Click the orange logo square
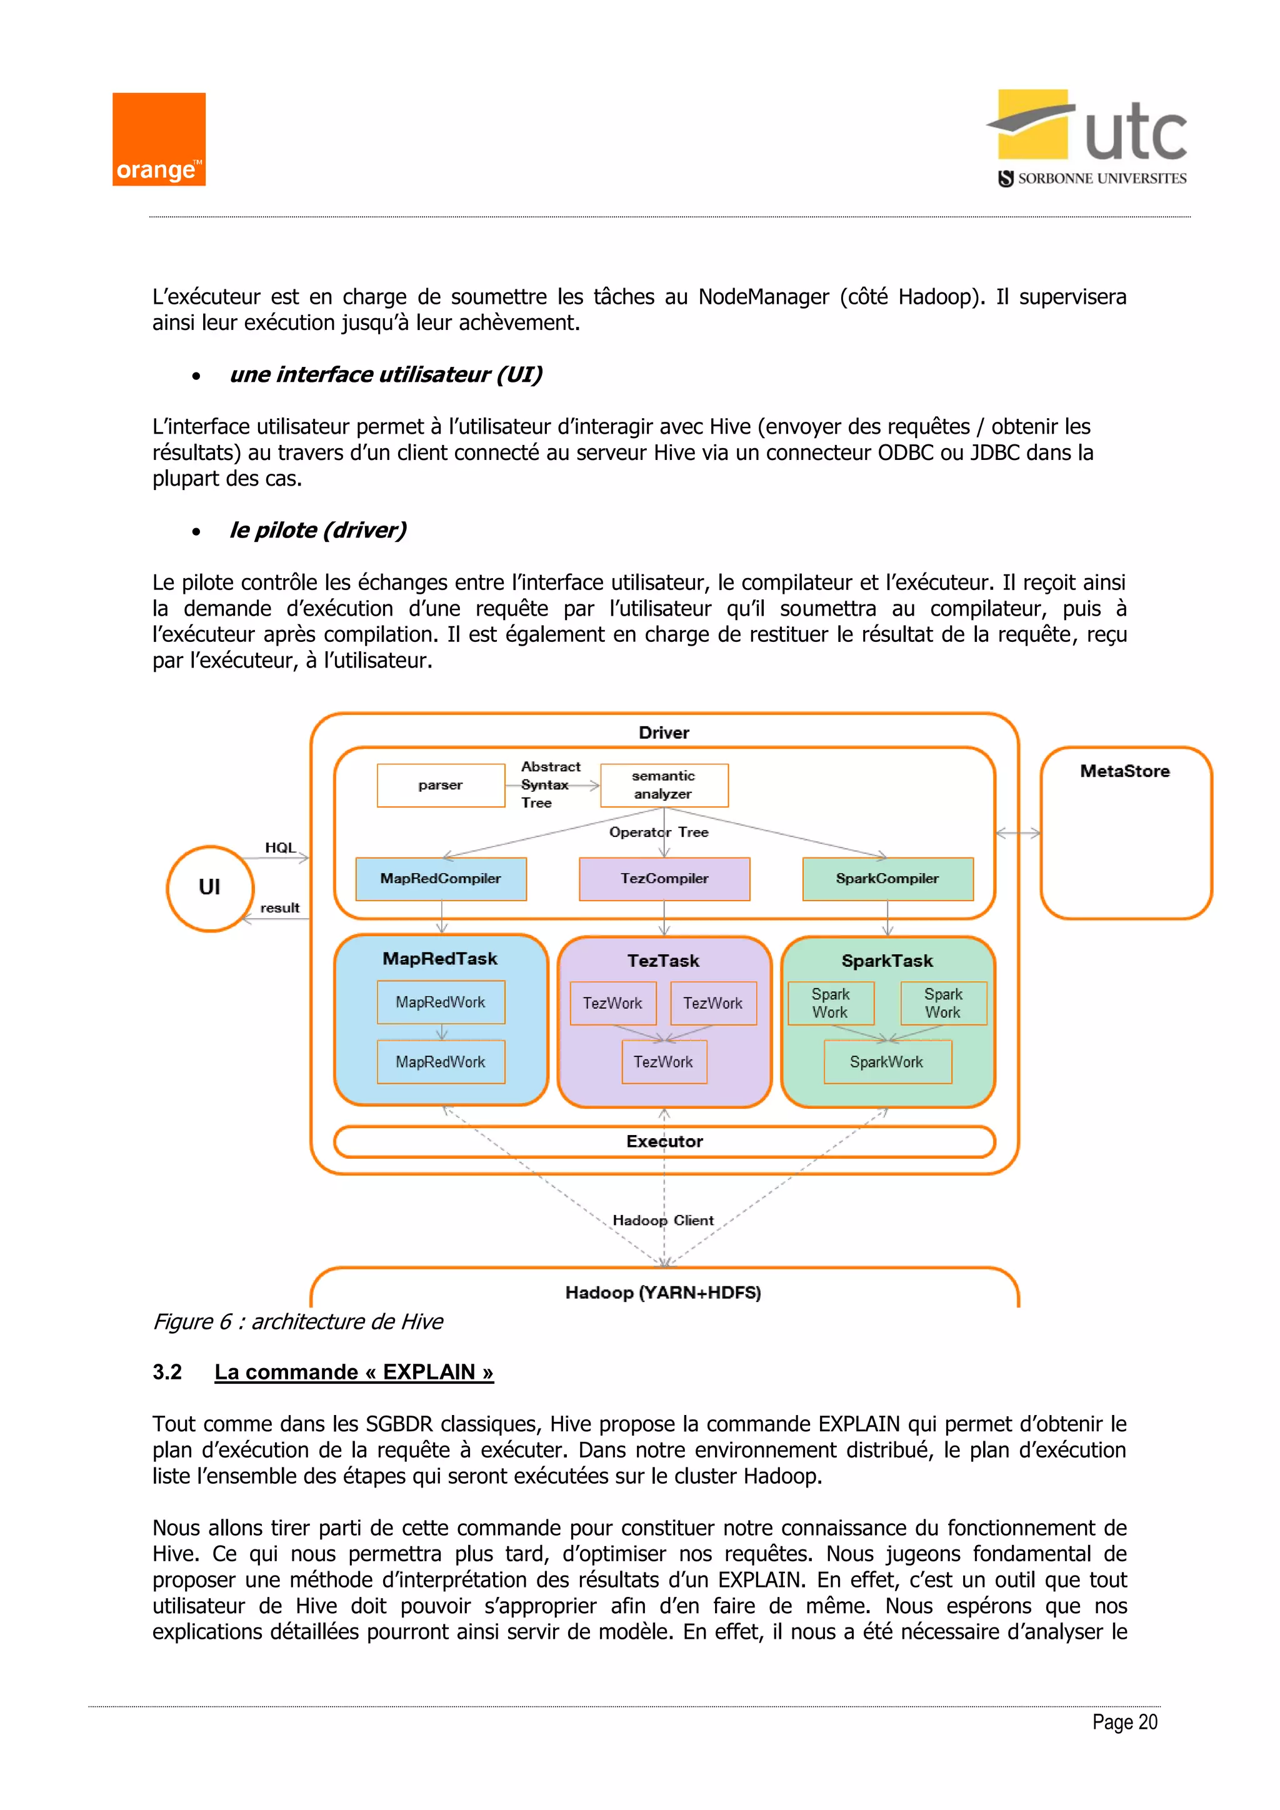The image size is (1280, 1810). [158, 139]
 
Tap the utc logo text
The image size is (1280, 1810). [1135, 134]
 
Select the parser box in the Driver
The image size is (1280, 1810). [441, 785]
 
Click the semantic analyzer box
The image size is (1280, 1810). [664, 785]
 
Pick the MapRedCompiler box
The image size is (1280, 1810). [441, 879]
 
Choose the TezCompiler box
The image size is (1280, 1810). [664, 879]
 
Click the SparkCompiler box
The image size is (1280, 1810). [887, 879]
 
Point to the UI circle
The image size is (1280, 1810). [209, 889]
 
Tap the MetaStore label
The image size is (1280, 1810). [1125, 772]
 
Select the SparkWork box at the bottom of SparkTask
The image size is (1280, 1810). [887, 1062]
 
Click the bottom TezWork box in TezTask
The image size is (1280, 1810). [664, 1062]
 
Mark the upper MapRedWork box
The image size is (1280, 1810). [441, 1002]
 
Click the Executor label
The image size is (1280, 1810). [664, 1141]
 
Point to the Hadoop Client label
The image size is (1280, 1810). [663, 1221]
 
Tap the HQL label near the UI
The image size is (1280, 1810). [281, 847]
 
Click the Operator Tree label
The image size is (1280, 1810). [659, 832]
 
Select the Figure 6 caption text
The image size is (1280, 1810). [298, 1322]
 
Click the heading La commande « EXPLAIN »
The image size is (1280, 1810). [354, 1372]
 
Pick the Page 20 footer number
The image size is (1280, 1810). [1125, 1722]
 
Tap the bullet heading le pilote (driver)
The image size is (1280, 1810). [317, 531]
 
